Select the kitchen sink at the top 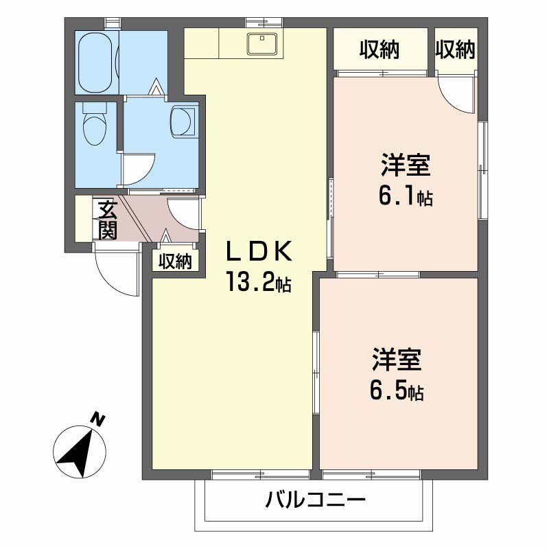[x=261, y=44]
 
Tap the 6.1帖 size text [x=405, y=196]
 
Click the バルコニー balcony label [x=315, y=500]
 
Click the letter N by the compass [x=99, y=418]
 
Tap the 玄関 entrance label [x=106, y=219]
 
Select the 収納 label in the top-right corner [x=455, y=49]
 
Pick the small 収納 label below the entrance [x=175, y=261]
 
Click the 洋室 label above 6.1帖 [x=405, y=166]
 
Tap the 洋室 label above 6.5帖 [x=397, y=361]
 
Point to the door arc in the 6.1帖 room [x=456, y=95]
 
